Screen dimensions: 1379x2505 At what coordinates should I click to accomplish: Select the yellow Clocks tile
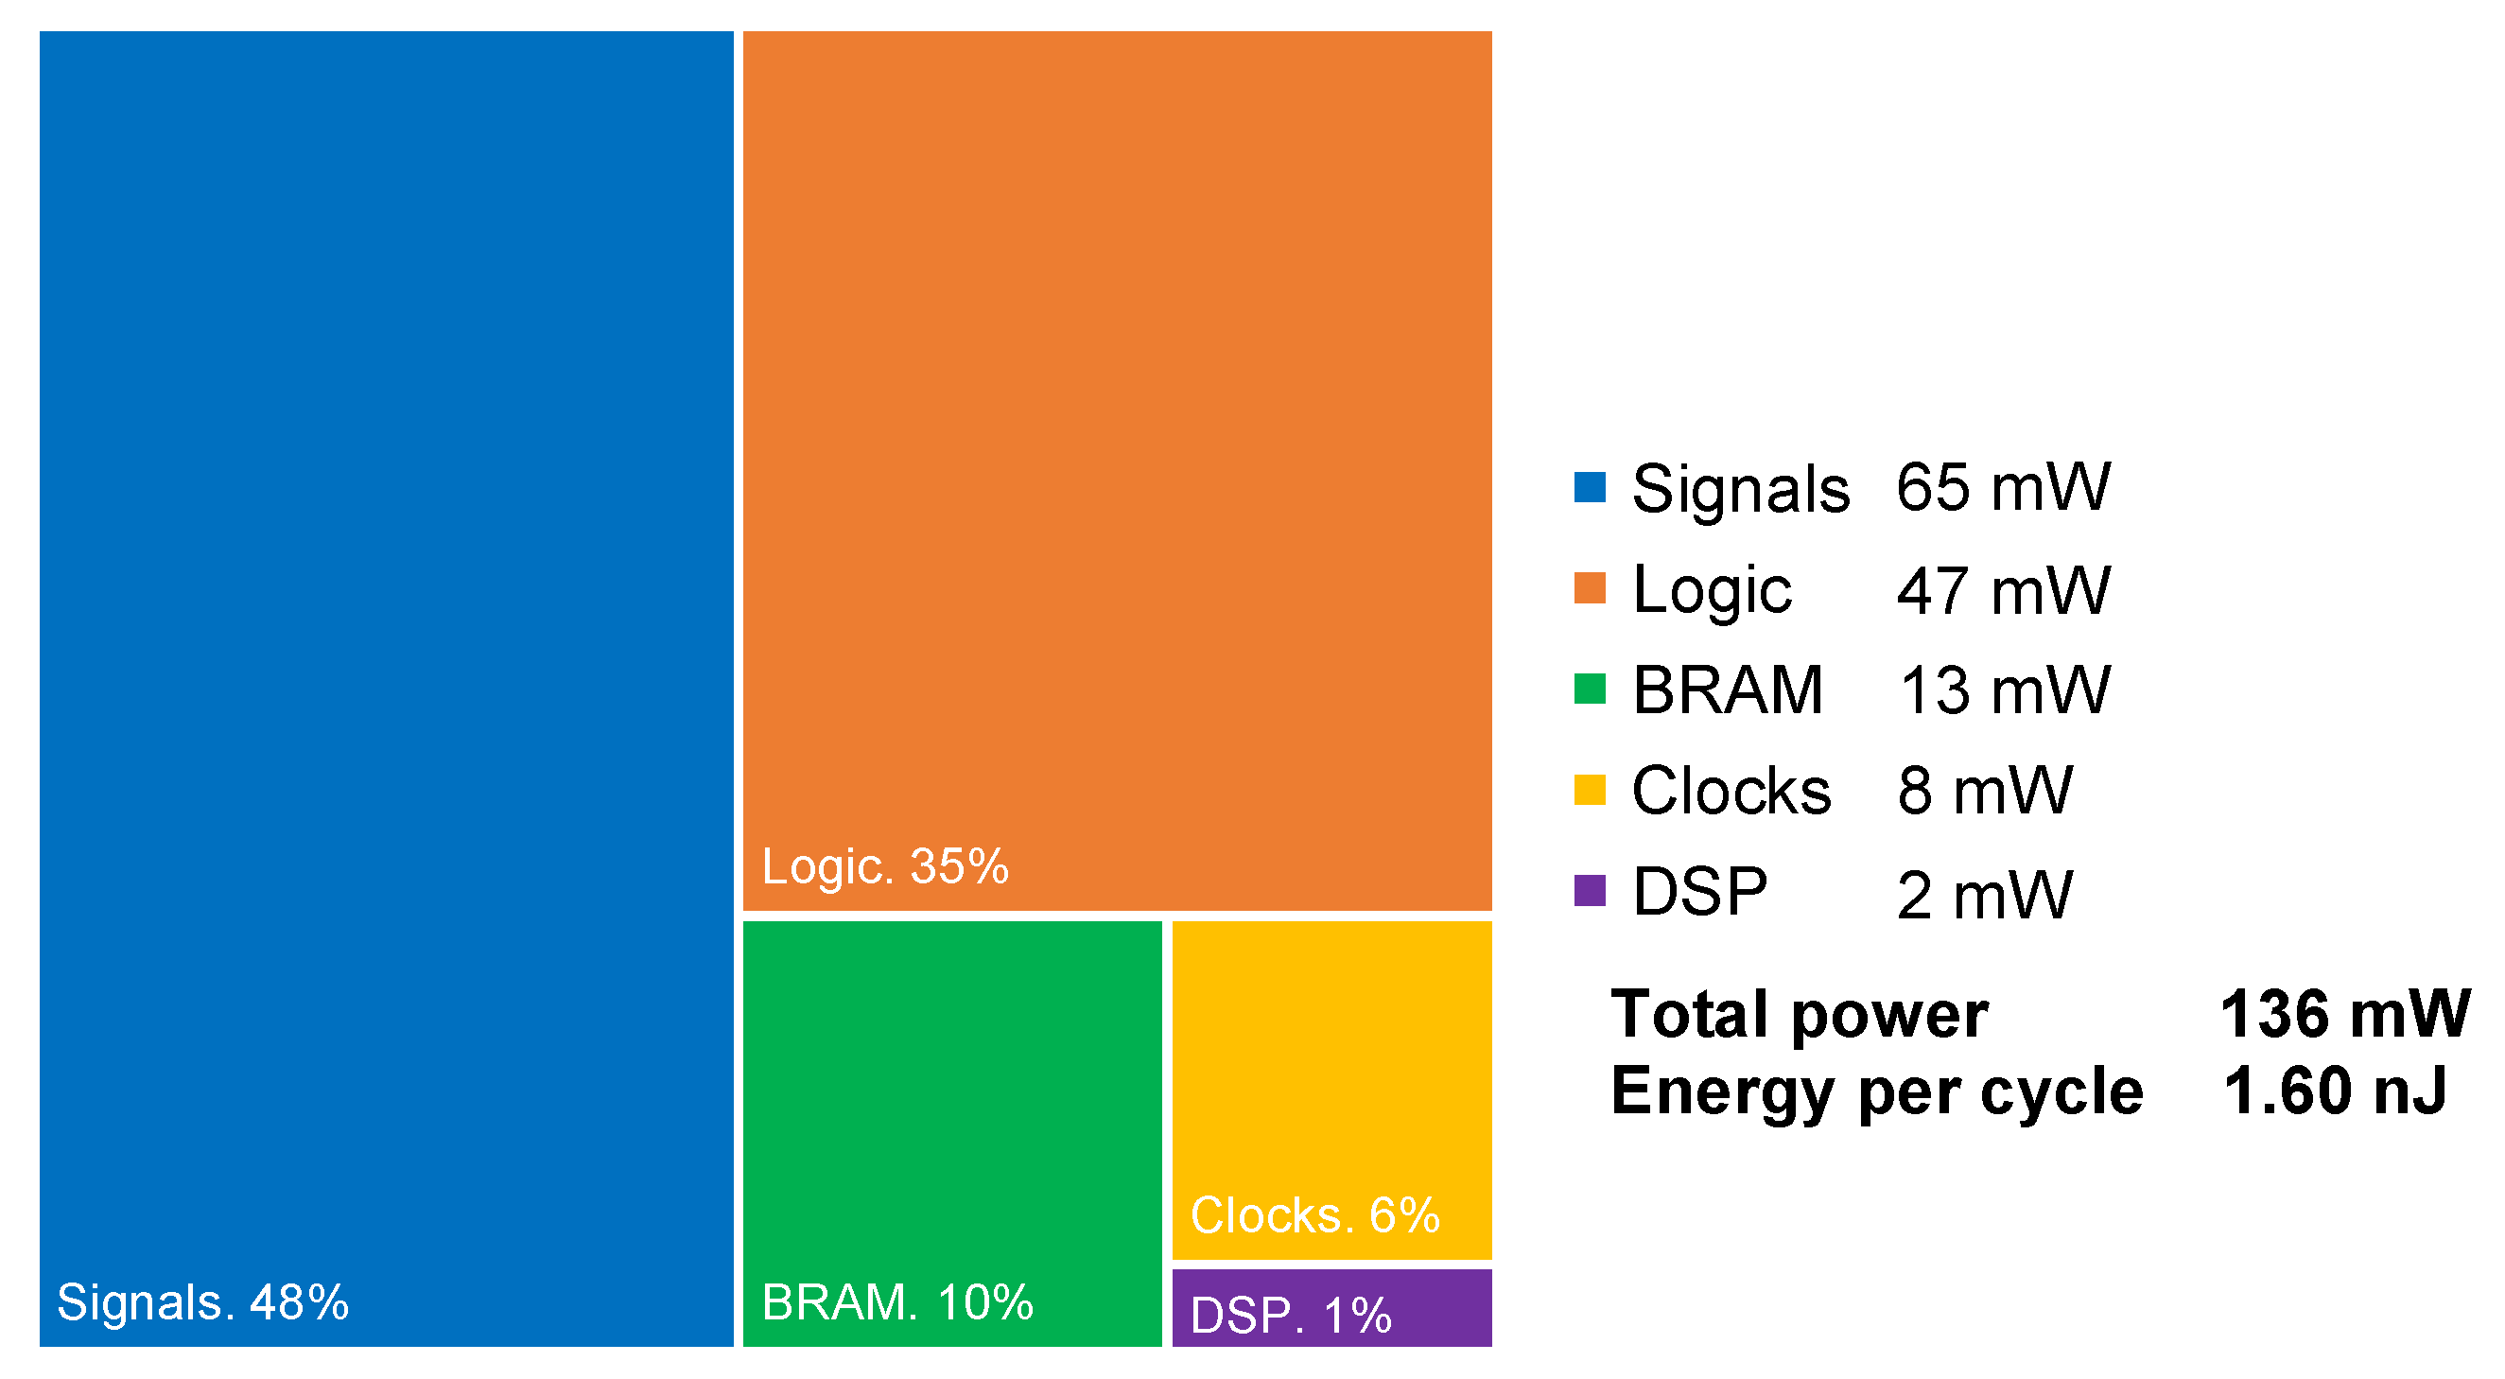[x=1331, y=1070]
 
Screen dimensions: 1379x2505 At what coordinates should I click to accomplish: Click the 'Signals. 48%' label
[x=202, y=1302]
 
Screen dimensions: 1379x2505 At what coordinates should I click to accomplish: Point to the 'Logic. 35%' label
[x=885, y=865]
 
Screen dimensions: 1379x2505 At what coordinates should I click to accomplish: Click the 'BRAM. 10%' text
[x=896, y=1302]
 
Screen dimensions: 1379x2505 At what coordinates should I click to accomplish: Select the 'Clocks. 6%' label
[x=1314, y=1214]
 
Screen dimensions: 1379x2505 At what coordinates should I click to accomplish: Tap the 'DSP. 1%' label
[x=1291, y=1316]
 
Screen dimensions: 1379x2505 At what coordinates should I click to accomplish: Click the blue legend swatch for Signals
[x=1589, y=487]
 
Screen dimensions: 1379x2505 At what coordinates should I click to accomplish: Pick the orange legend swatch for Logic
[x=1589, y=588]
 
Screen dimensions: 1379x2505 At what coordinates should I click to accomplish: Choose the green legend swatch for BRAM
[x=1589, y=689]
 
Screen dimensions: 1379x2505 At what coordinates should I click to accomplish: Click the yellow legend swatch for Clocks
[x=1589, y=790]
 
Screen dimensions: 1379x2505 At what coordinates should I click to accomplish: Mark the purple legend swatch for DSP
[x=1589, y=891]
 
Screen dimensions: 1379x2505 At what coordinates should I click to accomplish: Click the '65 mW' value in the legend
[x=2003, y=487]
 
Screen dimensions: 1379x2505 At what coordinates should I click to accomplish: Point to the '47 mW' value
[x=2003, y=590]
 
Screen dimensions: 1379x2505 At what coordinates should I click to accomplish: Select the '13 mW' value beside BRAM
[x=2003, y=690]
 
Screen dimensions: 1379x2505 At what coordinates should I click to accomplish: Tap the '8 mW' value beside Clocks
[x=1984, y=791]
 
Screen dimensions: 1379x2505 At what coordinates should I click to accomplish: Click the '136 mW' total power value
[x=2344, y=1014]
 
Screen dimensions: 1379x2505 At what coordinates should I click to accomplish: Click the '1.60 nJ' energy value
[x=2335, y=1091]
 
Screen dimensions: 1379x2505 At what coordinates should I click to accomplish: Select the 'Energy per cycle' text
[x=1877, y=1091]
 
